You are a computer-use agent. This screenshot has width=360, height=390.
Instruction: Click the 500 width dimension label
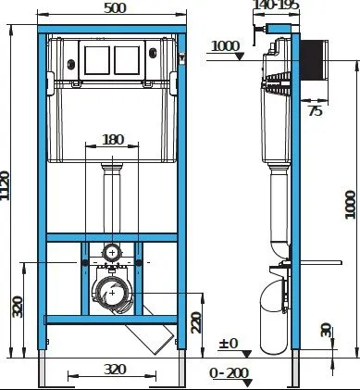pyautogui.click(x=115, y=8)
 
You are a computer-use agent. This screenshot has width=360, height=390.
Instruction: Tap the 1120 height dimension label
pyautogui.click(x=5, y=185)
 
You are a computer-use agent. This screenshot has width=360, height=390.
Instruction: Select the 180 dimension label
pyautogui.click(x=113, y=140)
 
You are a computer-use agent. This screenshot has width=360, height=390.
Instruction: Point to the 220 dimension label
pyautogui.click(x=196, y=322)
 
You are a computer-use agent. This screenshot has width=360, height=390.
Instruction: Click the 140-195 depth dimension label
pyautogui.click(x=276, y=5)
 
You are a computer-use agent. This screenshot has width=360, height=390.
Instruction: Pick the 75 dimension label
pyautogui.click(x=316, y=111)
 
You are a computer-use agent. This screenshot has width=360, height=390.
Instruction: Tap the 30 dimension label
pyautogui.click(x=326, y=330)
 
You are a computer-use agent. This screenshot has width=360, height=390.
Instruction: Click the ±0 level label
pyautogui.click(x=229, y=343)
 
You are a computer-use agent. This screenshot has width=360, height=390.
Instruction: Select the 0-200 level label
pyautogui.click(x=229, y=373)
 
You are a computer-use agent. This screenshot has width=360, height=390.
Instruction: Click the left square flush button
pyautogui.click(x=97, y=60)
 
